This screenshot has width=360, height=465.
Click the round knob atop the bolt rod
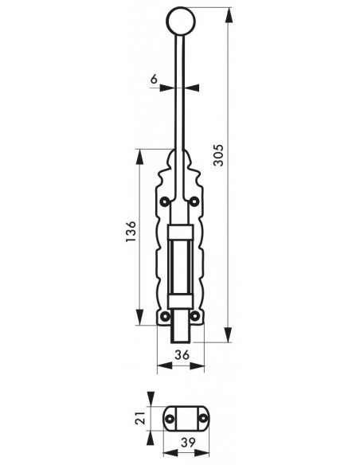coord(181,21)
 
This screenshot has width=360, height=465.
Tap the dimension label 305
coord(219,155)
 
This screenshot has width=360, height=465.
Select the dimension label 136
coord(131,232)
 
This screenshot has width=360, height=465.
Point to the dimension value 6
coord(154,79)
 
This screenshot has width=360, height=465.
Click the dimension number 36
coord(182,354)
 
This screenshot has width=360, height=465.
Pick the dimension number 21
coord(140,417)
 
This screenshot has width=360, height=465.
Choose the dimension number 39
coord(188,443)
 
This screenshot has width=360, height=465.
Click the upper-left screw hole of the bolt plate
coord(165,202)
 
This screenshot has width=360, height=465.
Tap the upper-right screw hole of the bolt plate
coord(194,202)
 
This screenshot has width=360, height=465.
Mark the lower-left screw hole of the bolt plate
coord(165,316)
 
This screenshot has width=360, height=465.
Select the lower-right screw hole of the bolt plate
coord(194,316)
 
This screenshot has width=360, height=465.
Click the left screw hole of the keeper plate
coord(170,419)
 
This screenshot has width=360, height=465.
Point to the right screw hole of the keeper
coord(203,419)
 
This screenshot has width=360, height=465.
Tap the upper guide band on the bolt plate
coord(180,232)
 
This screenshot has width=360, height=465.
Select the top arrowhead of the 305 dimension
coord(228,15)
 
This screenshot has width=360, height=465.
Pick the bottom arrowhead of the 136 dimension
coord(139,317)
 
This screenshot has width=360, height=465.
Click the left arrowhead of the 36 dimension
coord(165,365)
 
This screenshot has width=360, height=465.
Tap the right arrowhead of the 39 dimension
coord(202,453)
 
